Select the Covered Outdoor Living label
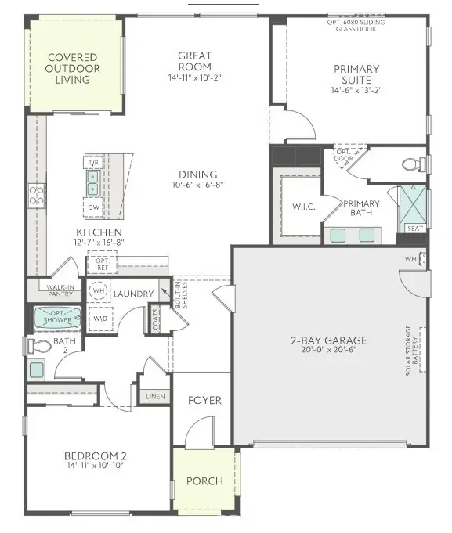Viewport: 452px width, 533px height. click(x=73, y=69)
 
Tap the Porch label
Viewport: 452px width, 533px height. click(x=204, y=481)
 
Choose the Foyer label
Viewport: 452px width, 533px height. click(x=204, y=401)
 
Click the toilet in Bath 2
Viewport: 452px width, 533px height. click(x=41, y=345)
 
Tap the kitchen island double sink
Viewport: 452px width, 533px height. click(x=92, y=182)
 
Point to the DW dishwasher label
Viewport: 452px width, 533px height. click(x=93, y=207)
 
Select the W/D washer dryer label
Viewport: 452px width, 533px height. click(x=100, y=319)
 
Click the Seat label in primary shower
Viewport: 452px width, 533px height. click(x=414, y=229)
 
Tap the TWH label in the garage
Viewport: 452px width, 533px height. click(x=409, y=259)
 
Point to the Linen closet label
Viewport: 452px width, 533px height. click(x=155, y=397)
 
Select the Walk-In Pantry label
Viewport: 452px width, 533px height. click(x=60, y=290)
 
